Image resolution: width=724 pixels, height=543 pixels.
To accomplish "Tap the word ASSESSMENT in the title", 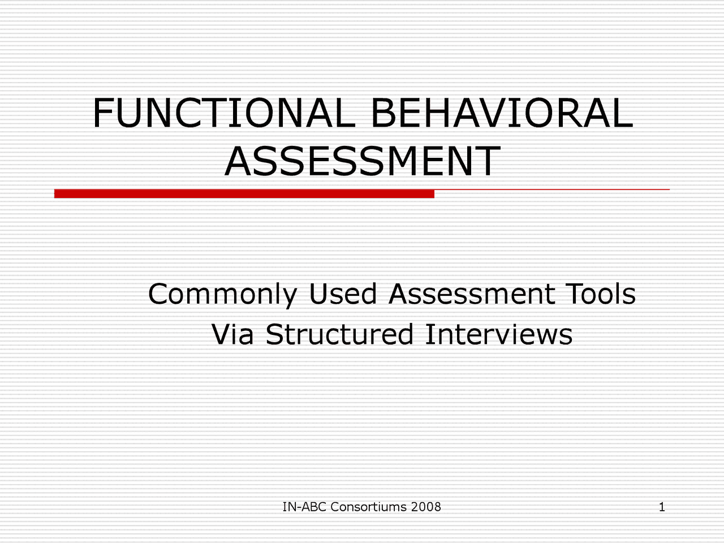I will [x=362, y=161].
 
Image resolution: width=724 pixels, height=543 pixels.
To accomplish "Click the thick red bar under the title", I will [x=244, y=194].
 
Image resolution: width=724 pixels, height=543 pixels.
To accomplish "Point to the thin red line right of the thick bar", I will [x=551, y=189].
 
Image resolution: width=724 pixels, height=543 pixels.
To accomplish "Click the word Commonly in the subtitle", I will [x=222, y=295].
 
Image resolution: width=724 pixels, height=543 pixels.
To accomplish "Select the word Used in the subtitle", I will [x=342, y=294].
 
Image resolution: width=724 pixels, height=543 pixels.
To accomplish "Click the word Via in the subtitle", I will [x=232, y=334].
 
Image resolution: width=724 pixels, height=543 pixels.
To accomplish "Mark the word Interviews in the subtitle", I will [x=498, y=334].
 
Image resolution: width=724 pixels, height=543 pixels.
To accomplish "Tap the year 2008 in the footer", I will [x=426, y=507].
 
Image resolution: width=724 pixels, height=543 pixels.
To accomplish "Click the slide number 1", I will [x=662, y=507].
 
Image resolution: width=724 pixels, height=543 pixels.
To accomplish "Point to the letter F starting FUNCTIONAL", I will [x=102, y=113].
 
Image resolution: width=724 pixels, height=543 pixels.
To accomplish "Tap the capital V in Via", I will [x=220, y=334].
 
